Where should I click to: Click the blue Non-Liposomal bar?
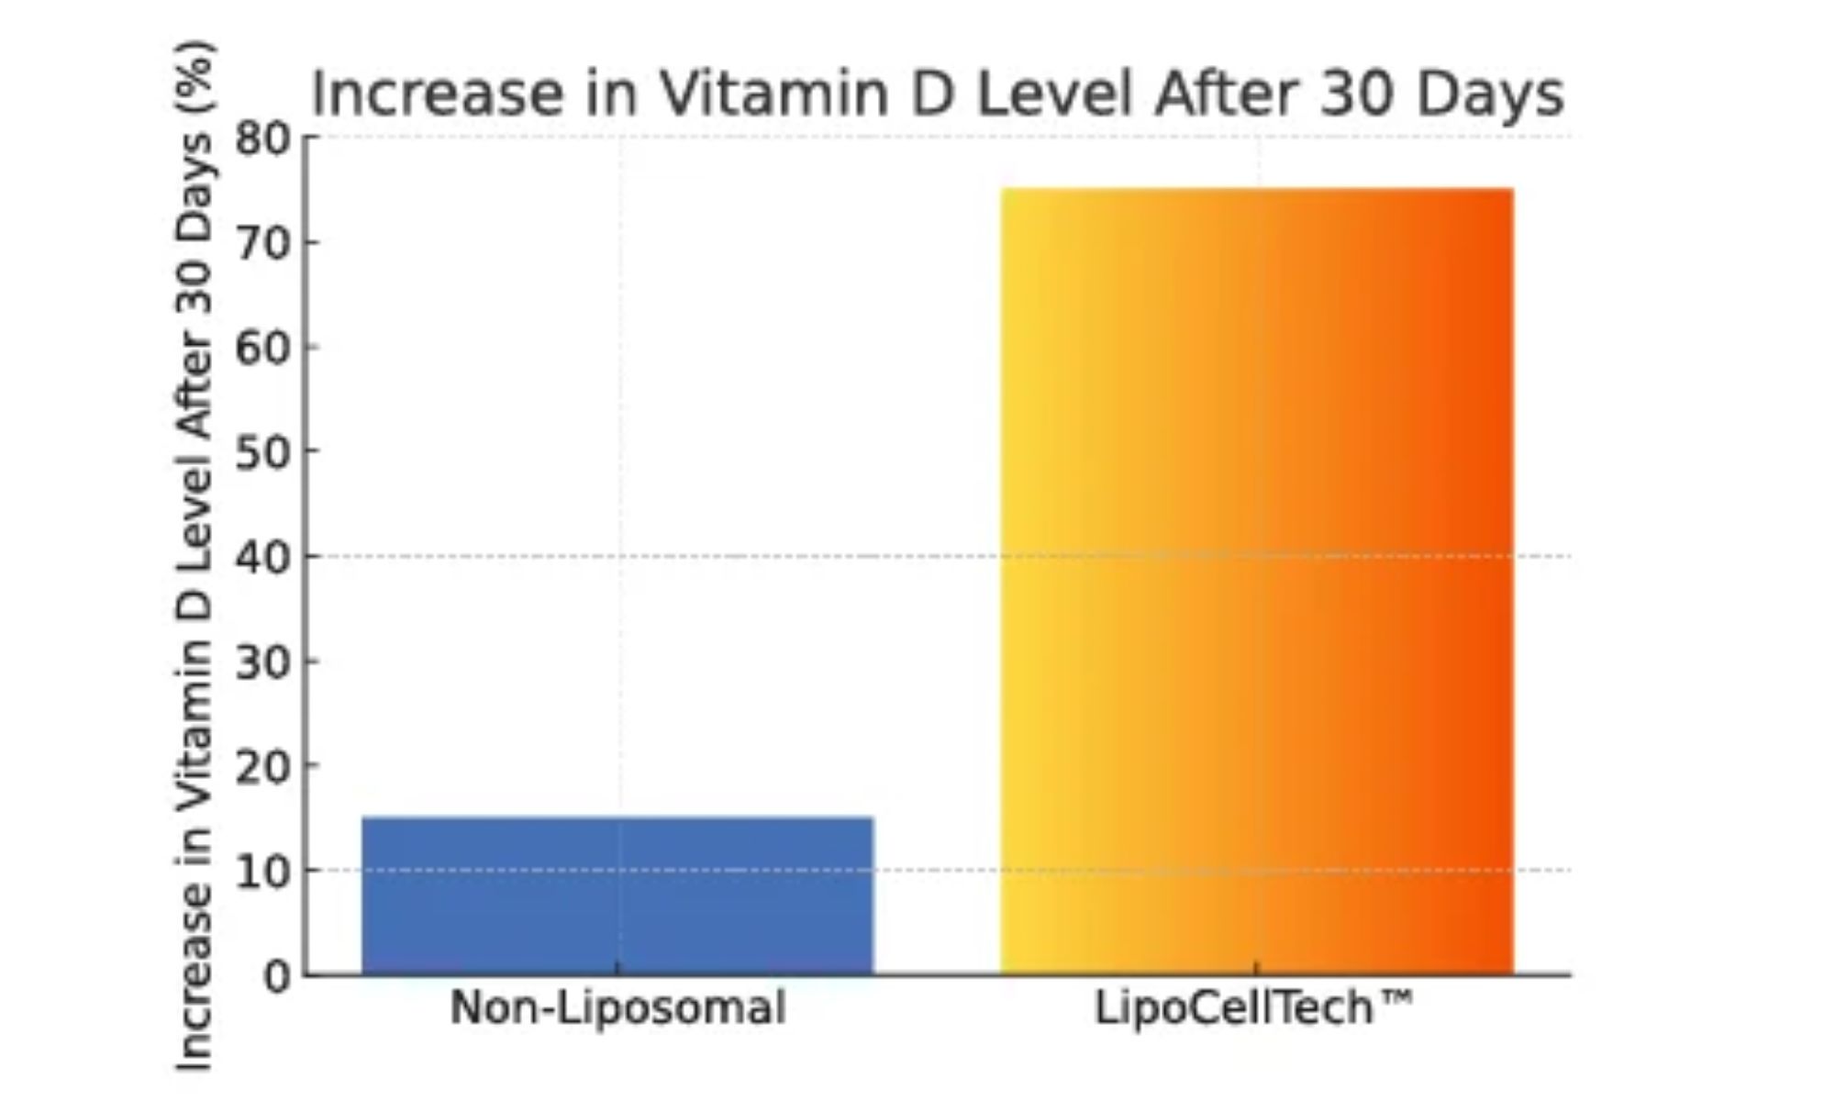pyautogui.click(x=617, y=895)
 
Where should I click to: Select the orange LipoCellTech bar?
pyautogui.click(x=1257, y=581)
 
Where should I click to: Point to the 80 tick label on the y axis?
pyautogui.click(x=261, y=139)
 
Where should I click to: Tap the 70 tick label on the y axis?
pyautogui.click(x=261, y=244)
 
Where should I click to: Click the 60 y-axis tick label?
pyautogui.click(x=261, y=349)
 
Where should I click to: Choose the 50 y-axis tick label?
pyautogui.click(x=261, y=452)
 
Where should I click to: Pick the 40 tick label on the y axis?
pyautogui.click(x=261, y=558)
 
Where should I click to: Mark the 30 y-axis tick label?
pyautogui.click(x=261, y=662)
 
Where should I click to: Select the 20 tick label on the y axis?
pyautogui.click(x=261, y=767)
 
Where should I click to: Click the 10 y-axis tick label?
pyautogui.click(x=261, y=872)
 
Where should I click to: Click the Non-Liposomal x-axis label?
pyautogui.click(x=617, y=1007)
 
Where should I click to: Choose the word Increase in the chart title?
pyautogui.click(x=439, y=94)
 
